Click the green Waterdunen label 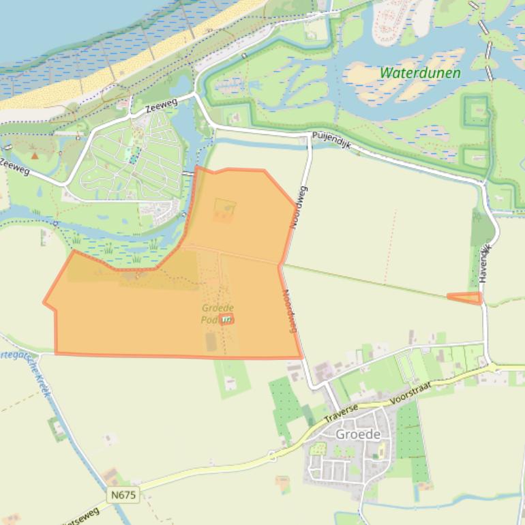(x=419, y=73)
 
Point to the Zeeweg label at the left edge (x=13, y=166)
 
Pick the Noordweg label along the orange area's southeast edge (x=289, y=312)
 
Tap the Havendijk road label (x=485, y=264)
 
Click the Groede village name (x=357, y=434)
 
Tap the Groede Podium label (x=217, y=314)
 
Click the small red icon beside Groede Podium (x=226, y=318)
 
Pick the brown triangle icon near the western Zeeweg (x=35, y=155)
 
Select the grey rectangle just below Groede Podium (x=211, y=341)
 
